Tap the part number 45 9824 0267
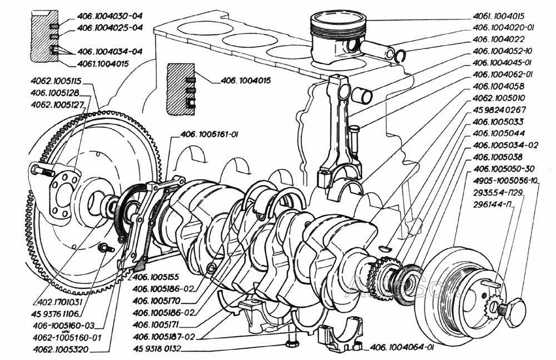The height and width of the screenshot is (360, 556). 499,109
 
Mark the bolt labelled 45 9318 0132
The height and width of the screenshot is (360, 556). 291,343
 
